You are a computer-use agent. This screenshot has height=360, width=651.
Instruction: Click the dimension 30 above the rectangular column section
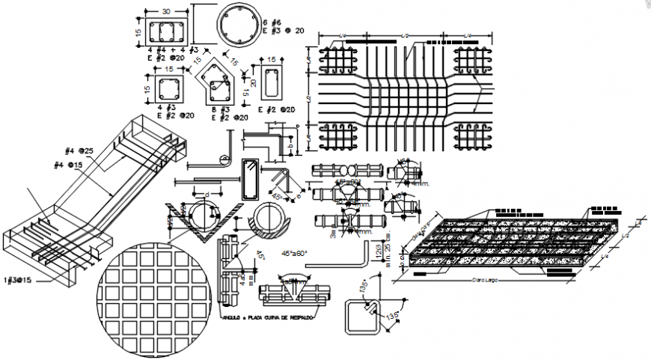(x=166, y=11)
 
